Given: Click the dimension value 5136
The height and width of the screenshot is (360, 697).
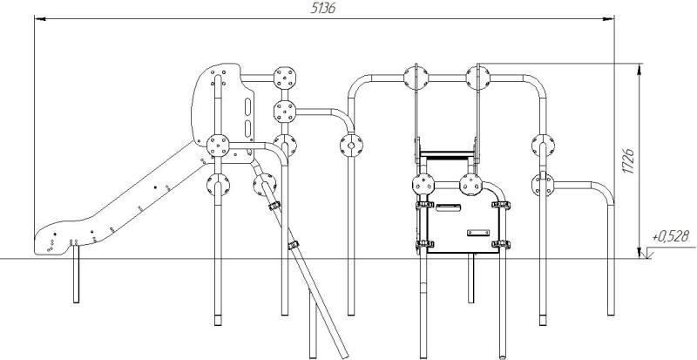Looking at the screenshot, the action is (x=323, y=9).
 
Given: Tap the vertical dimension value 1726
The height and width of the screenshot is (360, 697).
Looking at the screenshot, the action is (x=628, y=161).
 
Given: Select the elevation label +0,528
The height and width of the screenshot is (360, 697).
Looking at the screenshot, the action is (x=671, y=237).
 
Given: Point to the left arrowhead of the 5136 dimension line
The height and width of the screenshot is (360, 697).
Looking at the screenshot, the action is (x=40, y=18).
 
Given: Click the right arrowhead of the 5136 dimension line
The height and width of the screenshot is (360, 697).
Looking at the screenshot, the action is (x=608, y=18).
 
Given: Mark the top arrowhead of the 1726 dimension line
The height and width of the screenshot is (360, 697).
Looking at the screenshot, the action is (x=639, y=70).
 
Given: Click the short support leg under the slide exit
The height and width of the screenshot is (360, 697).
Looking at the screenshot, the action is (x=76, y=274).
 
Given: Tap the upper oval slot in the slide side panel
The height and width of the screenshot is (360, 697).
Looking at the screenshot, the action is (x=247, y=107).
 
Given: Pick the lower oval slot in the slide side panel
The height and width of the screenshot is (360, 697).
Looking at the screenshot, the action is (x=247, y=129).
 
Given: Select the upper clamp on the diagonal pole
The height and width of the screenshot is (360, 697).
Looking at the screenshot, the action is (x=274, y=206).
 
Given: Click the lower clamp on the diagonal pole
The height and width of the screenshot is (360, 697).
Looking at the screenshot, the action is (x=294, y=245).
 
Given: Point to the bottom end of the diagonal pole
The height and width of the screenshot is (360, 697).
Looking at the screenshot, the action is (x=344, y=357).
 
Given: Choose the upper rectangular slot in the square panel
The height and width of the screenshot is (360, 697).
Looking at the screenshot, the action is (x=448, y=207).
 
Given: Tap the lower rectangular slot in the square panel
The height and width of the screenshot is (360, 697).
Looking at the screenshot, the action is (x=478, y=233).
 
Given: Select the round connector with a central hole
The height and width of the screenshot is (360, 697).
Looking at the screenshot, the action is (x=351, y=146).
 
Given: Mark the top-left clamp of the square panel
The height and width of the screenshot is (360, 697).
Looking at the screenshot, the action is (x=424, y=205).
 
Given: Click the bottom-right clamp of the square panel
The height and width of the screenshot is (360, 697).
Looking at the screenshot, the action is (x=501, y=244).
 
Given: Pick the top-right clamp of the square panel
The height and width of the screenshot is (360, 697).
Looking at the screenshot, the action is (x=501, y=205).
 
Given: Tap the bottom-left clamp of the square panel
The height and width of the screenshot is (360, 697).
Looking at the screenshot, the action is (x=424, y=244).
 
